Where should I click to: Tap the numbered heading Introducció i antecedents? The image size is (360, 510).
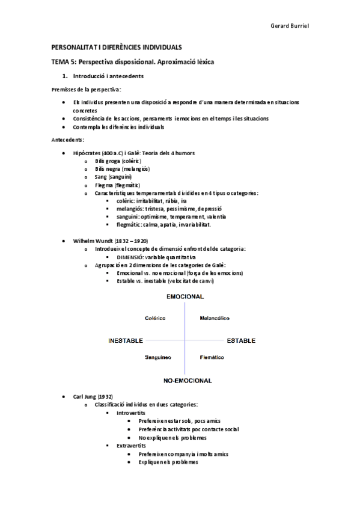108,76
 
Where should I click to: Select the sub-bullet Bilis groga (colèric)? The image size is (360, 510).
117,161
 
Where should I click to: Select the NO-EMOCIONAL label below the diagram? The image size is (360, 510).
188,381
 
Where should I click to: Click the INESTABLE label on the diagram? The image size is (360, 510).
125,340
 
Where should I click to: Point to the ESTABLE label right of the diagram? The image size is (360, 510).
241,340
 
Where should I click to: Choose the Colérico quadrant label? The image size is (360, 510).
155,318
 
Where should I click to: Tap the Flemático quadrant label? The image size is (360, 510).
212,357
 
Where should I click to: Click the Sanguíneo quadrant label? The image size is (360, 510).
158,357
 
